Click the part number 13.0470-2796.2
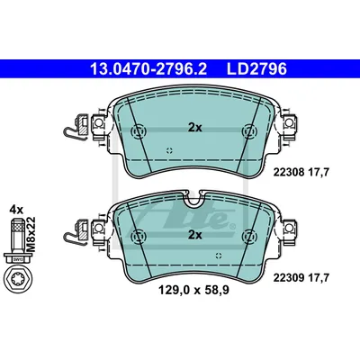148,69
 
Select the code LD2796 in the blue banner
256,69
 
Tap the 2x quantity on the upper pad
195,128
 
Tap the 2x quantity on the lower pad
195,235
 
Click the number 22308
289,173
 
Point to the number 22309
289,278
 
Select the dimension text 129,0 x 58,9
193,290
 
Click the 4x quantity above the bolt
16,210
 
